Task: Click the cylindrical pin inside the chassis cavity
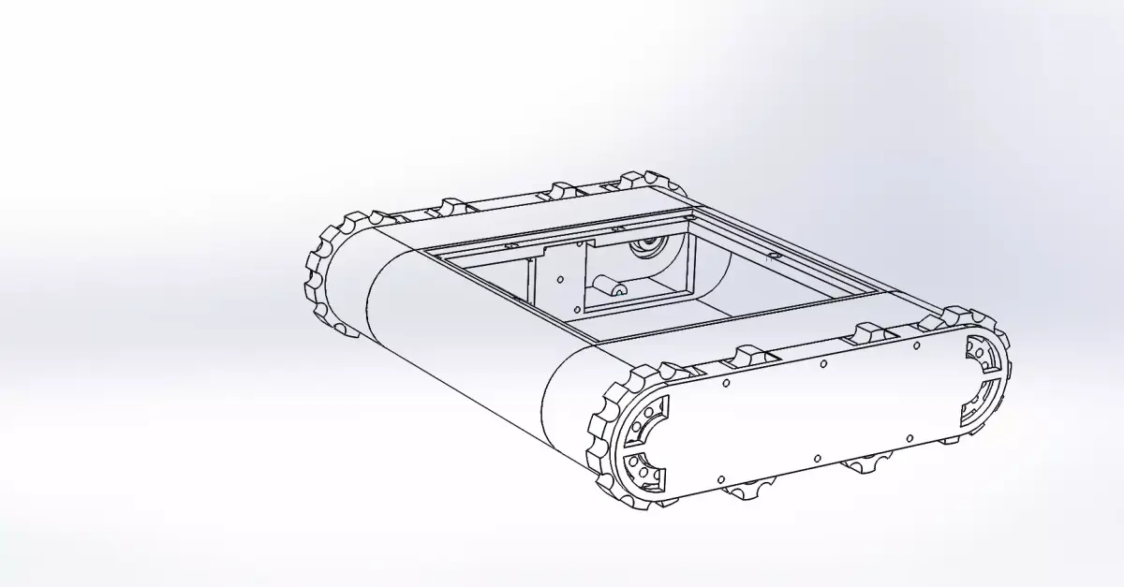pos(608,284)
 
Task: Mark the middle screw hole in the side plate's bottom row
pos(818,458)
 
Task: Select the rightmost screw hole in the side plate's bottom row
pos(909,437)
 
